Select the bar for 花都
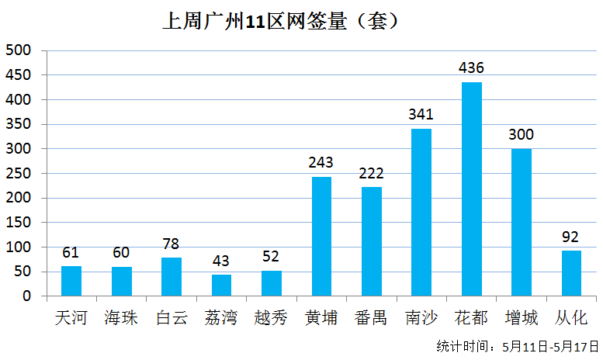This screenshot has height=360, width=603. (472, 189)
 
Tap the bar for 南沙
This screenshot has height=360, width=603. (421, 212)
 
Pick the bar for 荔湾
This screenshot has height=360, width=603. (221, 285)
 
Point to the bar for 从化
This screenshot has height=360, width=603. (571, 272)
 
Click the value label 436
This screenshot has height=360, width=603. (472, 67)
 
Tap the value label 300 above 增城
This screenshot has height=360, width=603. (522, 134)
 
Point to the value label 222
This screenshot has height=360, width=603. (371, 173)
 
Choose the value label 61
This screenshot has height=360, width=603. (71, 252)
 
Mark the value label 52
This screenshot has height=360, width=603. (271, 256)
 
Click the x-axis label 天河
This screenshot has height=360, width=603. (71, 317)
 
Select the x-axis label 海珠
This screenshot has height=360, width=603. (122, 317)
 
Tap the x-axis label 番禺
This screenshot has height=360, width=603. (371, 317)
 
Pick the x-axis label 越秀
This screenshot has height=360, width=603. (271, 317)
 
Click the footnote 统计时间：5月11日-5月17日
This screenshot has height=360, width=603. (518, 345)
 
